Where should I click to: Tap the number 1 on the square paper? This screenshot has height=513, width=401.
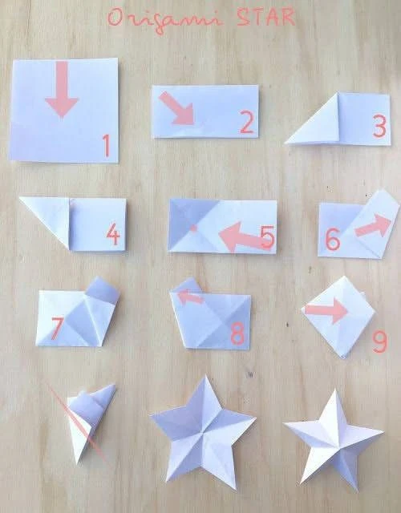click(106, 145)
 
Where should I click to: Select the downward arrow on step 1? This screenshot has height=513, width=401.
click(62, 89)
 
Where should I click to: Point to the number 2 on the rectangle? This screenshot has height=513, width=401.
click(247, 123)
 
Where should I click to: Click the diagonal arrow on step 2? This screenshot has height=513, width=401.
click(176, 108)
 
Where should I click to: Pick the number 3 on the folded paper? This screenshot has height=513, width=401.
click(379, 127)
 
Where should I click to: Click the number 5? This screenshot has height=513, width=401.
click(267, 237)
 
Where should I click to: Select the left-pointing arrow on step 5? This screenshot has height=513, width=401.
click(244, 237)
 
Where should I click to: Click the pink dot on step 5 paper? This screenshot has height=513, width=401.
click(193, 228)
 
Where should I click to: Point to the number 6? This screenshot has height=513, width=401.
click(333, 239)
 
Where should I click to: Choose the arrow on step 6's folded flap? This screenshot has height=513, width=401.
click(374, 226)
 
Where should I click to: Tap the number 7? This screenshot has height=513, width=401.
click(57, 328)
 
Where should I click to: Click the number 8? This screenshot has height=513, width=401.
click(237, 333)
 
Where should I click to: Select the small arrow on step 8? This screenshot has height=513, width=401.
click(190, 297)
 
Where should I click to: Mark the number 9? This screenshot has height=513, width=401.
click(380, 342)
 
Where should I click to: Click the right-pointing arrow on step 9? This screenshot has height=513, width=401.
click(326, 310)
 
